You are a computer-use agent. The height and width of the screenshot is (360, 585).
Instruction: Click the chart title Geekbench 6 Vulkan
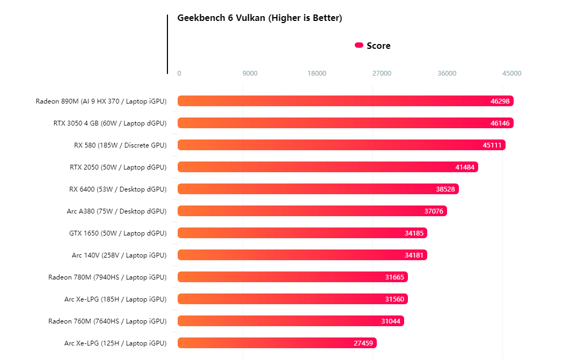click(260, 18)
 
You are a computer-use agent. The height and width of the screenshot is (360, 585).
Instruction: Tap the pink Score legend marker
click(359, 46)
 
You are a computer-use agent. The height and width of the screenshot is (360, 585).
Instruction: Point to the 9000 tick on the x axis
click(250, 74)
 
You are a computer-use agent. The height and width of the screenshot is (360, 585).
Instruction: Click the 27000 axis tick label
click(382, 74)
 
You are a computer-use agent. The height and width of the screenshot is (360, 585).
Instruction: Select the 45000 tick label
click(511, 74)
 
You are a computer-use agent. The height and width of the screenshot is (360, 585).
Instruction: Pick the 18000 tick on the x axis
click(317, 74)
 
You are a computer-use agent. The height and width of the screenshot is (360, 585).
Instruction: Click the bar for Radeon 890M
click(345, 101)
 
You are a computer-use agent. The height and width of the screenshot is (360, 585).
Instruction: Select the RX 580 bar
click(341, 145)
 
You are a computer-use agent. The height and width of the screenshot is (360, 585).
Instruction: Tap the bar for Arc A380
click(312, 211)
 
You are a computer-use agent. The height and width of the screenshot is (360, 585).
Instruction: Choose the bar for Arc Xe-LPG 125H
click(277, 343)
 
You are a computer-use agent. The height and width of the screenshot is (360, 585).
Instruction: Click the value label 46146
click(500, 123)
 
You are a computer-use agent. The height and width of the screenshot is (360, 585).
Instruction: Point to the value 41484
click(465, 167)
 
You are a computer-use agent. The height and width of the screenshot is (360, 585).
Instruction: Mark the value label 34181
click(414, 255)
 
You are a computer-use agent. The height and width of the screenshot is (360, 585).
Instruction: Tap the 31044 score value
click(391, 321)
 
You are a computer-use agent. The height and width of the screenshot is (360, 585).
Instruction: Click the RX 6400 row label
click(118, 189)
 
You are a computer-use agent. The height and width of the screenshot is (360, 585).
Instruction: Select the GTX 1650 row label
click(118, 233)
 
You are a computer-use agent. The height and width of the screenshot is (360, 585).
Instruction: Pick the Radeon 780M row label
click(107, 277)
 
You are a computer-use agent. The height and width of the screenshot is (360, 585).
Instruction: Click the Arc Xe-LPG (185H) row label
click(115, 299)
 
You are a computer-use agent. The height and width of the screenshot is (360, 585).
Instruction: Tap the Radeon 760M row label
click(107, 321)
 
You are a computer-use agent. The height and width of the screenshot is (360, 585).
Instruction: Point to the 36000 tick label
click(447, 74)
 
